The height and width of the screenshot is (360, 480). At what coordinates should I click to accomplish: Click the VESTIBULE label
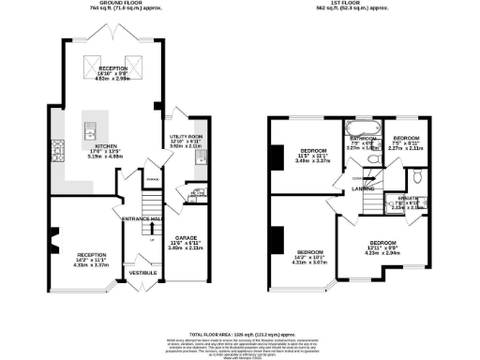pos(141,273)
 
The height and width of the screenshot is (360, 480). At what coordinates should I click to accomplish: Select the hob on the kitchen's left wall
pos(57,148)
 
